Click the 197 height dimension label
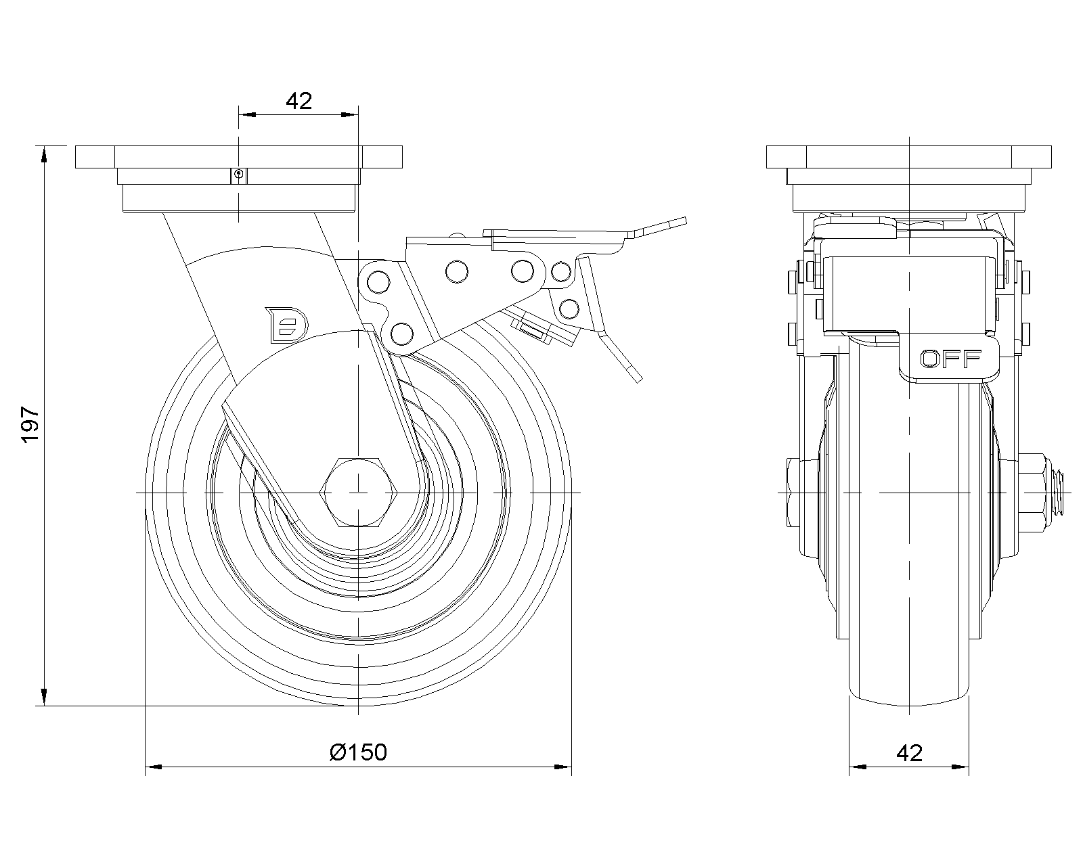32,425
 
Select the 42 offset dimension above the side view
299,101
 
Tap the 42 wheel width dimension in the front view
908,752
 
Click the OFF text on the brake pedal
950,359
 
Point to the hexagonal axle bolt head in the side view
356,492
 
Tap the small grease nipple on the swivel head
238,175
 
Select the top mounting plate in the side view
238,157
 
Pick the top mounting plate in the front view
908,157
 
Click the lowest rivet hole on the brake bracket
401,333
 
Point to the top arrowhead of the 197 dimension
45,154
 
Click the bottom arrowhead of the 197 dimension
45,698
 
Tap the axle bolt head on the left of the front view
793,492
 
